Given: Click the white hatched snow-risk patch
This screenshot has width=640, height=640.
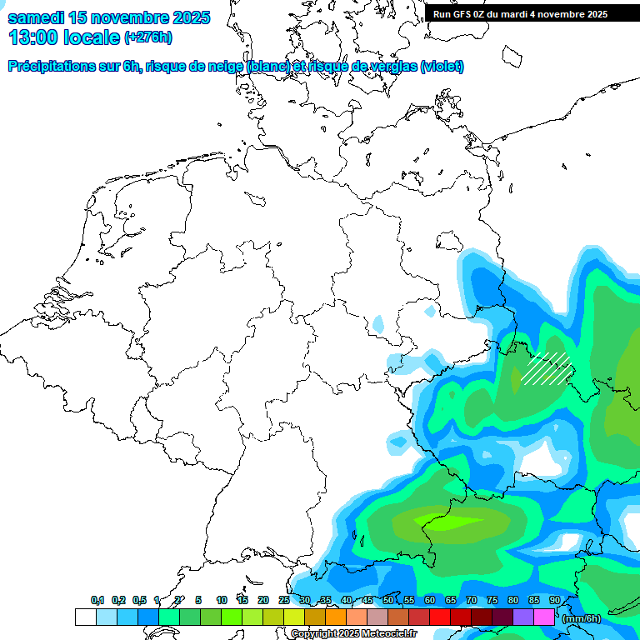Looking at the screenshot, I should pyautogui.click(x=546, y=368).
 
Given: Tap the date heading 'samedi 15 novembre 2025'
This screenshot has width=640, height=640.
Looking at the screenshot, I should pyautogui.click(x=109, y=17).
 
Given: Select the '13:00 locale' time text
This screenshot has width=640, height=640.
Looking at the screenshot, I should pyautogui.click(x=64, y=37).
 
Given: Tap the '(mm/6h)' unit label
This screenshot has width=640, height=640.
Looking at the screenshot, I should pyautogui.click(x=582, y=618).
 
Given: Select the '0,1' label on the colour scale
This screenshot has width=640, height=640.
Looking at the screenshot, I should pyautogui.click(x=97, y=601).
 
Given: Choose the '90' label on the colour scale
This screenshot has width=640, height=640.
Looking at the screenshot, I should pyautogui.click(x=555, y=601).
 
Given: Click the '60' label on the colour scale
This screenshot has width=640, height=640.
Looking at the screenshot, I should pyautogui.click(x=430, y=601).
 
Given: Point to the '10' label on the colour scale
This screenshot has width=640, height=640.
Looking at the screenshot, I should pyautogui.click(x=222, y=601).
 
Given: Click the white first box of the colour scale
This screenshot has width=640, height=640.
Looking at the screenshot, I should pyautogui.click(x=85, y=617).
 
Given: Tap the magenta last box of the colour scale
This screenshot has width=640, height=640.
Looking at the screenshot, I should pyautogui.click(x=544, y=617).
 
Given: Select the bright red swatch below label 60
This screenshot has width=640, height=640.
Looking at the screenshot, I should pyautogui.click(x=440, y=617).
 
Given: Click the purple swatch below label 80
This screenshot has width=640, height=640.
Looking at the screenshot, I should pyautogui.click(x=523, y=617).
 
